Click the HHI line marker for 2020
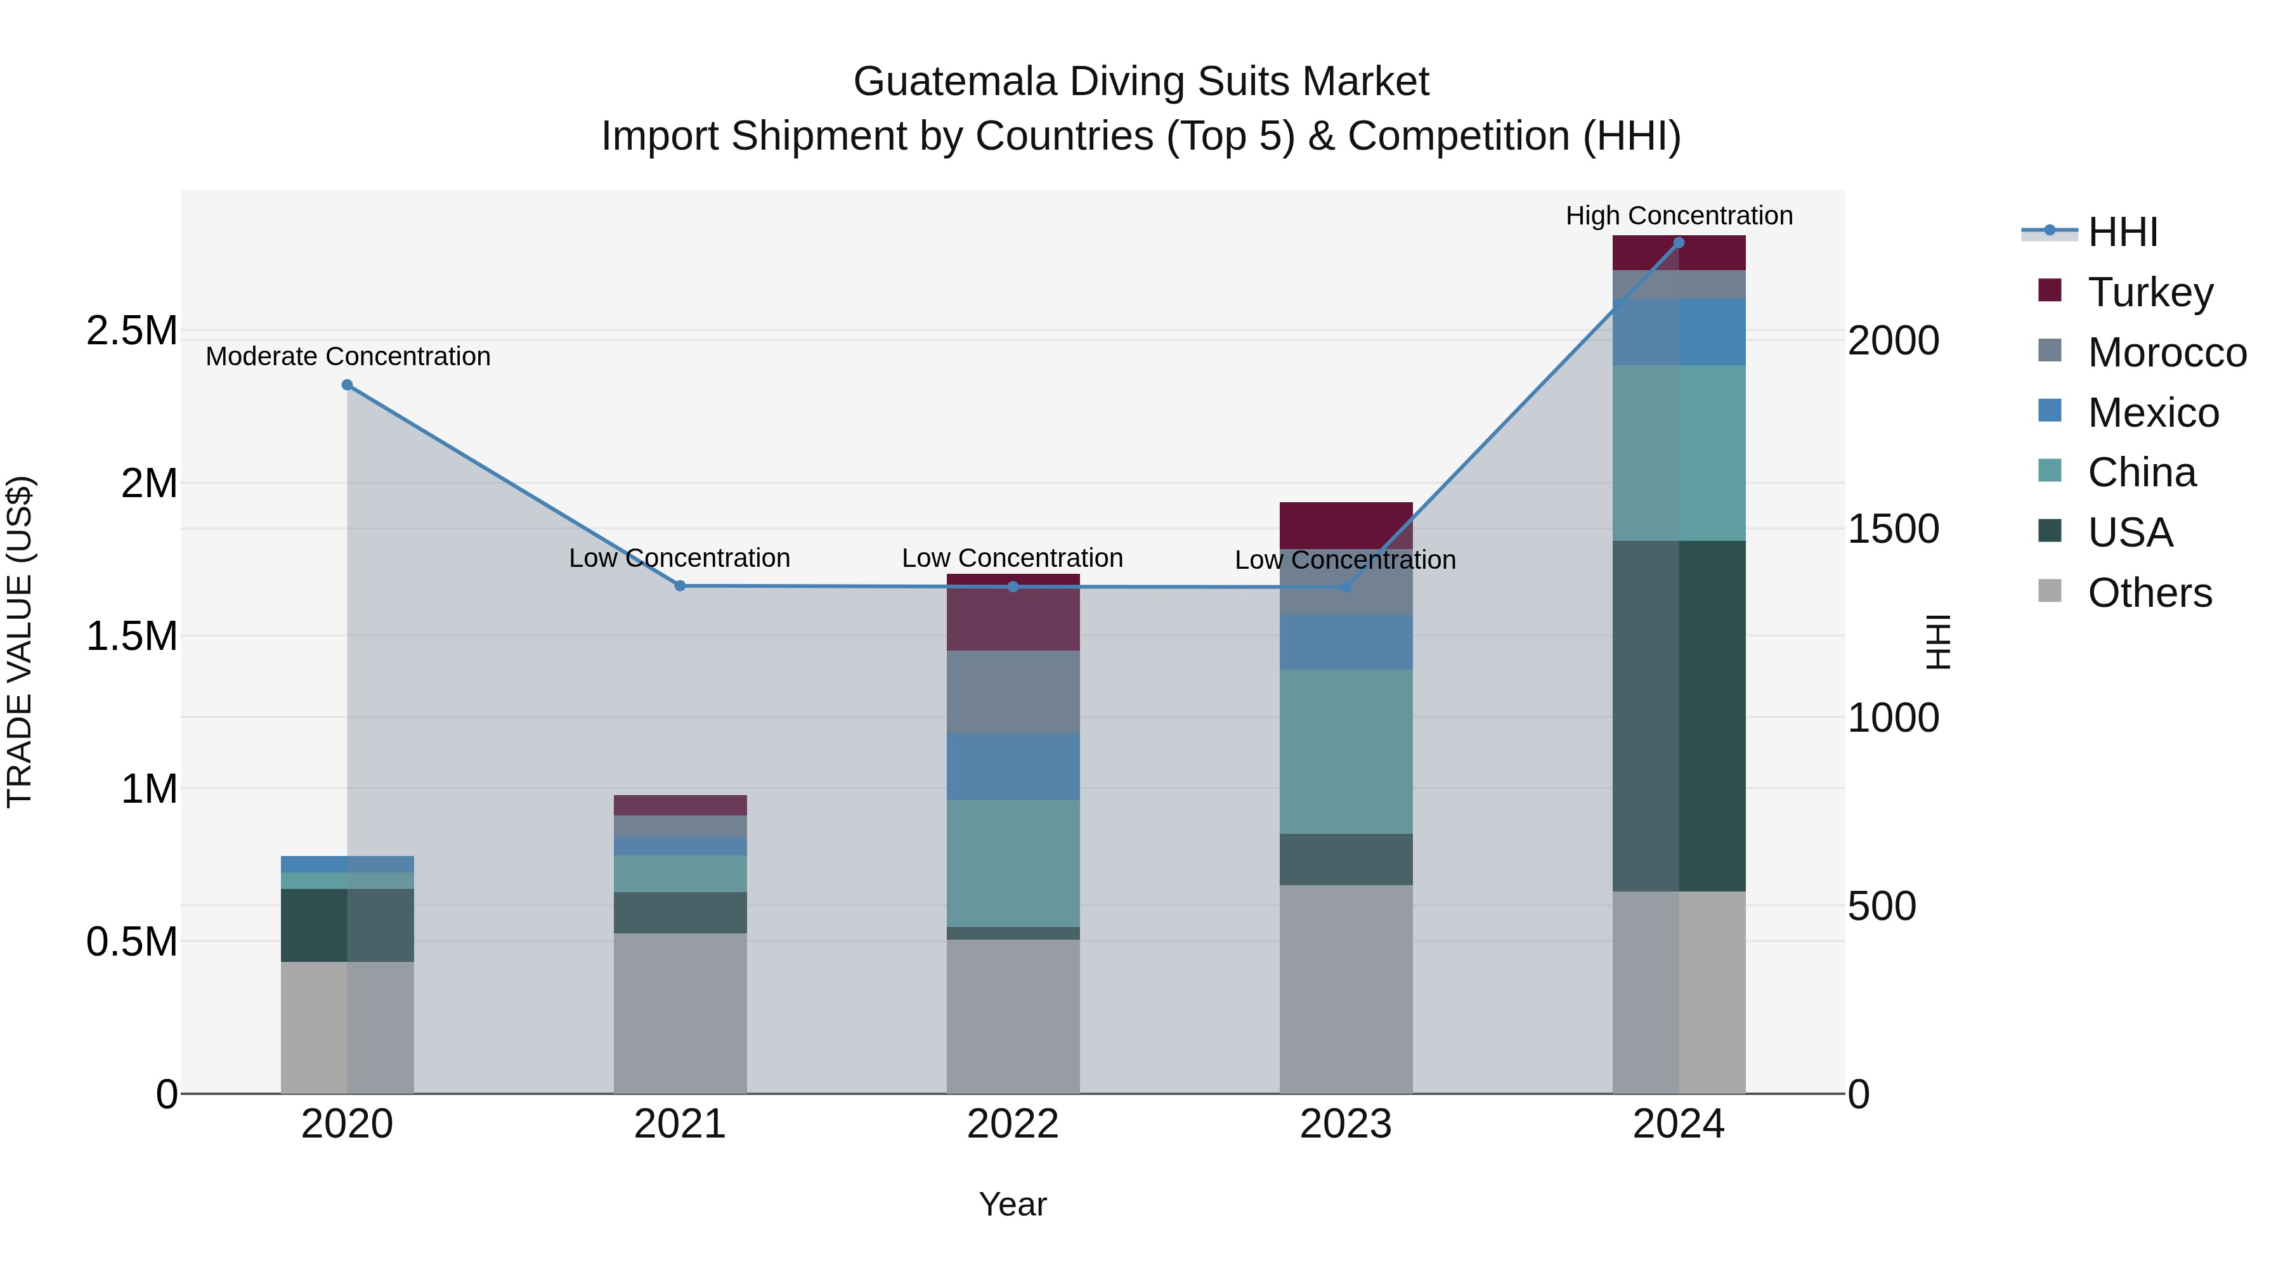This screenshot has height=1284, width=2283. pos(348,385)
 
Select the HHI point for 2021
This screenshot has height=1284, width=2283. pos(680,586)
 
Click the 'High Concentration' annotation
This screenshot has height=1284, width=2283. pos(1679,216)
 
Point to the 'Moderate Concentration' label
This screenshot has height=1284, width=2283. pos(348,356)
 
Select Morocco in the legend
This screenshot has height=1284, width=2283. pos(2166,352)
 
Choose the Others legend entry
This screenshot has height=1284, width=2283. pos(2149,592)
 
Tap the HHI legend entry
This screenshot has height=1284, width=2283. pos(2122,232)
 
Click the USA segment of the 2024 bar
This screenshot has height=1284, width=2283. pos(1679,715)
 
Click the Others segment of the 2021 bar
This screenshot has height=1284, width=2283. pos(680,1012)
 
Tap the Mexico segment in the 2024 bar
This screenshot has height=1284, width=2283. pos(1679,332)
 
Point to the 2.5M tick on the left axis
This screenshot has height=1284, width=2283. pos(131,330)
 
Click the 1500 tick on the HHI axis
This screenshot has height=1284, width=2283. pos(1893,529)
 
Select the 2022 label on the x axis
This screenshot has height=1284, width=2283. pos(1012,1124)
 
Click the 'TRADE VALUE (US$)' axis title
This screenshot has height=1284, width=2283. pos(20,642)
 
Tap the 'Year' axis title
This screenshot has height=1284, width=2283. pos(1012,1204)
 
